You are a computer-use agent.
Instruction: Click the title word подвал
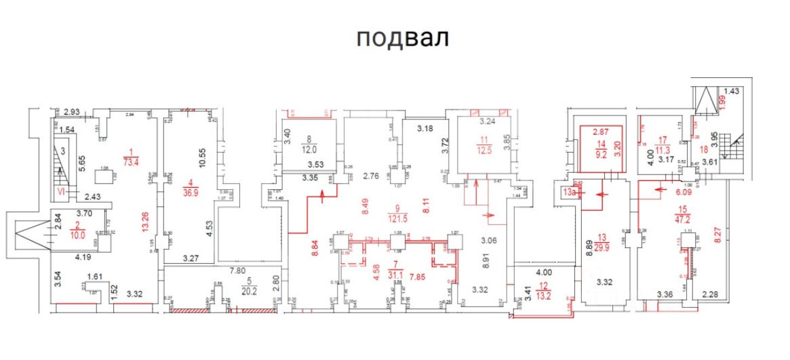click(x=403, y=38)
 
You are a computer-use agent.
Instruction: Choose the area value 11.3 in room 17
click(x=663, y=150)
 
